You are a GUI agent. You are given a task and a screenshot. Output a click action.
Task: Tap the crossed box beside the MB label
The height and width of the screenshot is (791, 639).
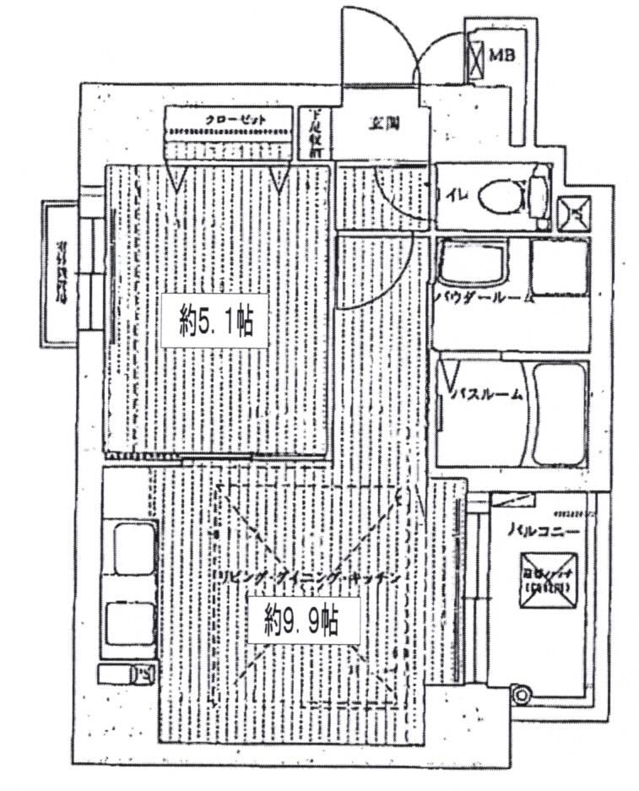tap(477, 57)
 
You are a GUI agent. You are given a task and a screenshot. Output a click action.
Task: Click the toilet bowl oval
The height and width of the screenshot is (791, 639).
tap(497, 199)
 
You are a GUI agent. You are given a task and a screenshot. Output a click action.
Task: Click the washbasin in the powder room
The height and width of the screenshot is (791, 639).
tap(470, 266)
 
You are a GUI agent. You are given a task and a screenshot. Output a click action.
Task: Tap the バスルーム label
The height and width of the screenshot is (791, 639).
tap(488, 394)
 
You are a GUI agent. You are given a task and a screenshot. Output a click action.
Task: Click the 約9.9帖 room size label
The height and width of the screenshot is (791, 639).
tap(301, 622)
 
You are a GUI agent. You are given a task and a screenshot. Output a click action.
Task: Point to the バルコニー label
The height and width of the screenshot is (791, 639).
tap(543, 533)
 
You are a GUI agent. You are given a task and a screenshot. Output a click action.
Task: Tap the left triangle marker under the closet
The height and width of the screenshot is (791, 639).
tap(178, 176)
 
